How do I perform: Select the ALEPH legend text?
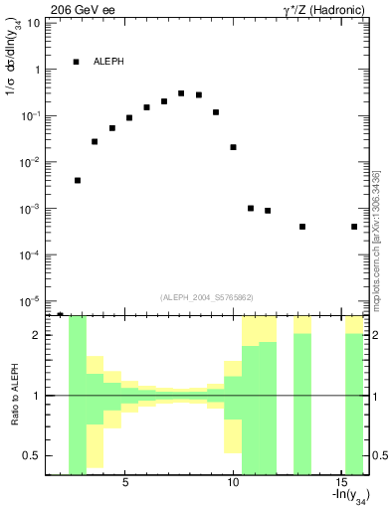click(x=109, y=62)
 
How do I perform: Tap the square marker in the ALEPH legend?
click(x=76, y=62)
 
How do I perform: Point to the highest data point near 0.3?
click(x=181, y=93)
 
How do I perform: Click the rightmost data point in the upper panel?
click(x=354, y=227)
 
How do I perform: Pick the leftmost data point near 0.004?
click(x=78, y=181)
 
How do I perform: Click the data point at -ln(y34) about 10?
click(x=233, y=147)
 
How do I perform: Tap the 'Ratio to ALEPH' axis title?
click(x=14, y=395)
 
